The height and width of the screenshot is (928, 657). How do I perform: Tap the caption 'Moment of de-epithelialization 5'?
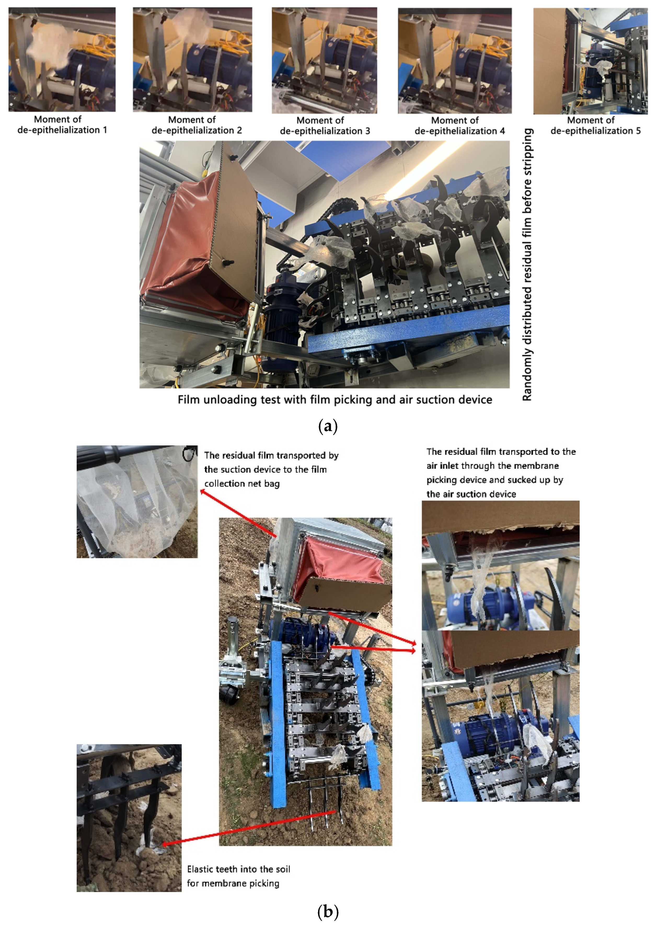tap(595, 125)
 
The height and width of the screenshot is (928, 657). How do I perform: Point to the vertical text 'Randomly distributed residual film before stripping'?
tap(527, 265)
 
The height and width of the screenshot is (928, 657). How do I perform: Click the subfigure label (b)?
tap(328, 912)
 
